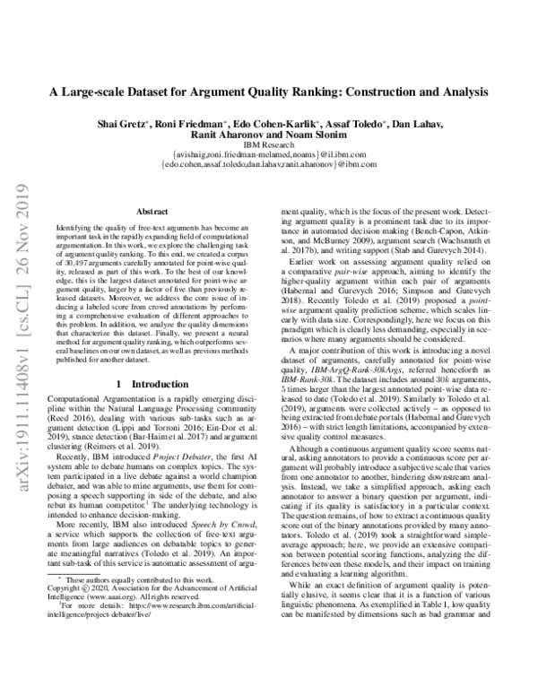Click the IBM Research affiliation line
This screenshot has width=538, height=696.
(269, 151)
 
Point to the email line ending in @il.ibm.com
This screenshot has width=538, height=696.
(269, 161)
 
